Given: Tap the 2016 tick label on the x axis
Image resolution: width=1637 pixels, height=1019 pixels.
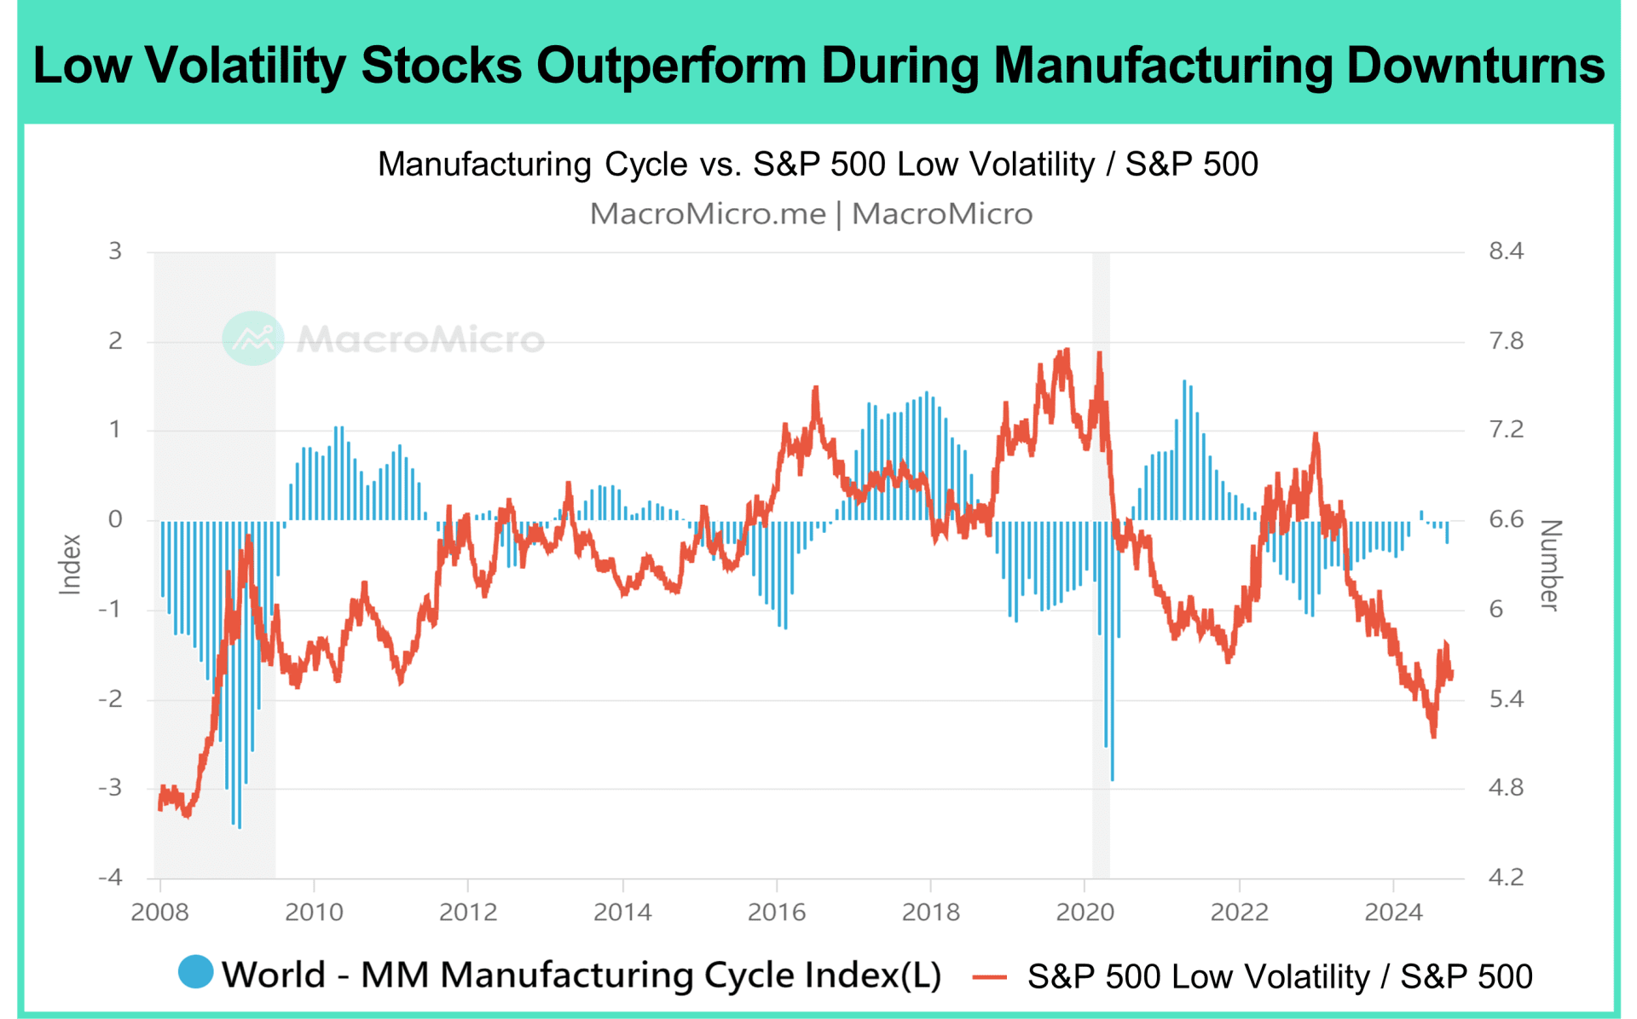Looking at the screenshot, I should point(776,912).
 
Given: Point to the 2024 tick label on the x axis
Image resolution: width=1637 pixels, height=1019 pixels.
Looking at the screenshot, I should point(1393,912).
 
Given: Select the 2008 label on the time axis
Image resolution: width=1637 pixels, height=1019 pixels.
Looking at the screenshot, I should point(159,912).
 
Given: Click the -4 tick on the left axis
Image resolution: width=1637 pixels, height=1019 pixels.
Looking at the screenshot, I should point(110,877).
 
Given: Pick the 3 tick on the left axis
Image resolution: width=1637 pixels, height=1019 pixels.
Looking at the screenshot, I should point(115,252).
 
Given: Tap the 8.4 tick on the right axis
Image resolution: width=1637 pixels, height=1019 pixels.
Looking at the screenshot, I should point(1506,252).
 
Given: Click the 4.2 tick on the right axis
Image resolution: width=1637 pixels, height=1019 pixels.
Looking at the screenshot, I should point(1506,877).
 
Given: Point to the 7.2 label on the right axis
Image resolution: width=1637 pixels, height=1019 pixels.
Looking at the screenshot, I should point(1506,429).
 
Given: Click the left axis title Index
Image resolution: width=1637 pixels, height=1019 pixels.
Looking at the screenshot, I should point(70,564).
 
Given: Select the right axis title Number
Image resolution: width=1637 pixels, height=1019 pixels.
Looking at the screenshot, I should point(1550,565).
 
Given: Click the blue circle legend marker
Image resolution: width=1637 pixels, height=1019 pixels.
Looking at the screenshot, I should point(195,972).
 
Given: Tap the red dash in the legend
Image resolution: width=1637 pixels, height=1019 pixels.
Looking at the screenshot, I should point(990,977).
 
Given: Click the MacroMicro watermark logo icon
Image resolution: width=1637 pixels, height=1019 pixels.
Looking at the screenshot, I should point(252,339).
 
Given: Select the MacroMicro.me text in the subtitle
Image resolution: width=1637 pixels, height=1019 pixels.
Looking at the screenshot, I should point(708,214).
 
